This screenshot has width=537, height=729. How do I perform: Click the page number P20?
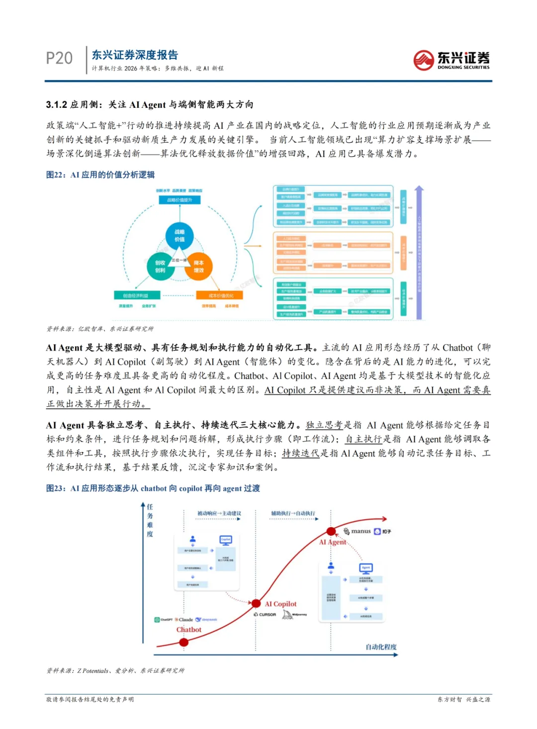(59, 58)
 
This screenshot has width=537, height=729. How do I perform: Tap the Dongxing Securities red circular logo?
(423, 60)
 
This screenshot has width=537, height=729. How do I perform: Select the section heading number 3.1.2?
(56, 104)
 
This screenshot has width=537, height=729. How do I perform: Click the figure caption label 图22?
(55, 175)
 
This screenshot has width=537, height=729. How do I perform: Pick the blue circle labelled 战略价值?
(179, 235)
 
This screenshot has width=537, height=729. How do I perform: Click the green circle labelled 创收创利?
(160, 266)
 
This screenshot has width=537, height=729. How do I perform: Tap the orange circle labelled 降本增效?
(198, 266)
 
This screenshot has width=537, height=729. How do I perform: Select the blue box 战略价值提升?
(179, 200)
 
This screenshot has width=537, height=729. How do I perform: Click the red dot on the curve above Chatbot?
(183, 642)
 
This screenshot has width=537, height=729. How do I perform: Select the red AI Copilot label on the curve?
(280, 604)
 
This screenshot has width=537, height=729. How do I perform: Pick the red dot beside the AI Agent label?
(331, 532)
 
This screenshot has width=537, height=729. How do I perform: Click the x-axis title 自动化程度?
(381, 647)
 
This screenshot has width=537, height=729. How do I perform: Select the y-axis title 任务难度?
(150, 520)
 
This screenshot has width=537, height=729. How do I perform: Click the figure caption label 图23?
(55, 488)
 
